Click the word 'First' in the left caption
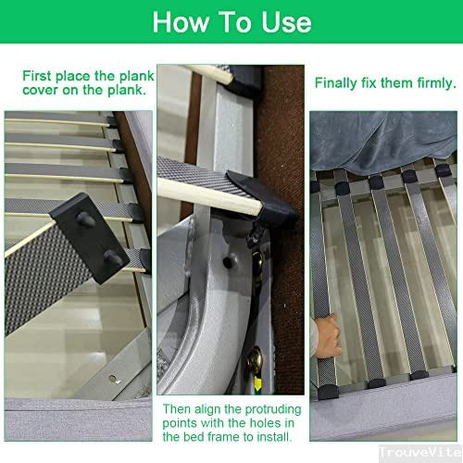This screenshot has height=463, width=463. point(40,76)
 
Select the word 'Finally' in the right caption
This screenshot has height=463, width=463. point(339,83)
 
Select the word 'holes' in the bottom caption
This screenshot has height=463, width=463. point(257,423)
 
